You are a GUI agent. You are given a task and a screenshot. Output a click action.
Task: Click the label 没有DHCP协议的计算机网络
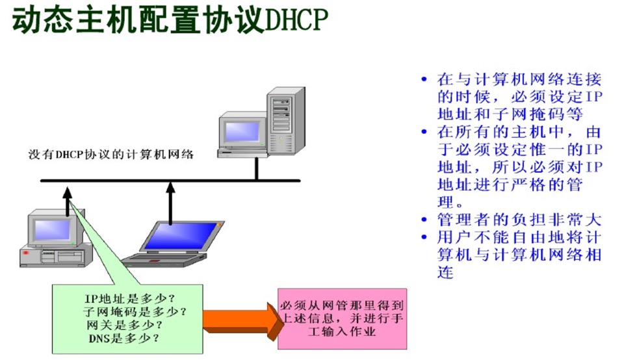111,155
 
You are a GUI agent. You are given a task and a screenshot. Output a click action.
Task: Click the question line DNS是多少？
124,338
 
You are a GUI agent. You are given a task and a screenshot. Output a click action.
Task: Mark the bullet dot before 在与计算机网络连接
424,80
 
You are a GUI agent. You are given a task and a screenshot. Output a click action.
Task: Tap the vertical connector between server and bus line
257,168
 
